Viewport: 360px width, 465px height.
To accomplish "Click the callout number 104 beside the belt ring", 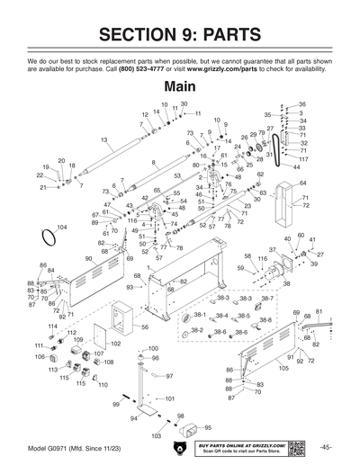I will (61, 227).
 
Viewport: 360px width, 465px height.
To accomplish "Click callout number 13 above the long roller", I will (104, 140).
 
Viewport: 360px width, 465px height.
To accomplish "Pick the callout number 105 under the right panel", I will (283, 368).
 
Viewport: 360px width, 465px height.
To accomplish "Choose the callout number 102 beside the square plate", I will (115, 344).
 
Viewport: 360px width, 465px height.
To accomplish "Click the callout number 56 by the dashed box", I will (145, 327).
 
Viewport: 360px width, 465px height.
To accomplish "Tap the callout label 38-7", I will (267, 298).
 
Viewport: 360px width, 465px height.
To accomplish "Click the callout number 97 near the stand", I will (168, 377).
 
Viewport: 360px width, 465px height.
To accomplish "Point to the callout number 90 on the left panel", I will (90, 258).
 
